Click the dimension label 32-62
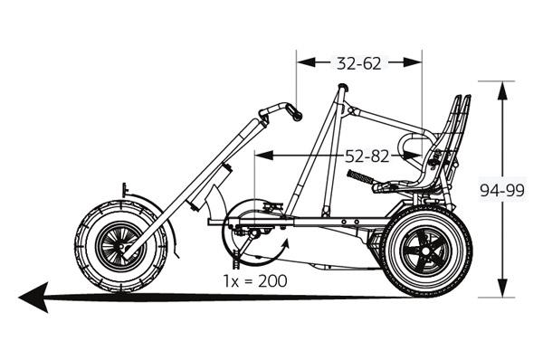[360, 63]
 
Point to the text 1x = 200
[256, 280]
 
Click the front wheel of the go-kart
[120, 245]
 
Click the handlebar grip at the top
[291, 110]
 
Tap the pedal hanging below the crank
[237, 265]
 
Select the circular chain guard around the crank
[253, 232]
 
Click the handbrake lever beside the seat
[363, 177]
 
